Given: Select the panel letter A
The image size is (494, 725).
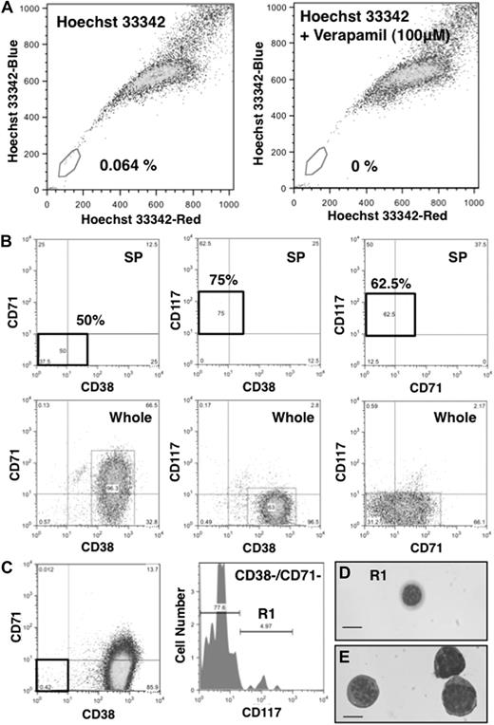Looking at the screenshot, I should click(8, 8).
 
